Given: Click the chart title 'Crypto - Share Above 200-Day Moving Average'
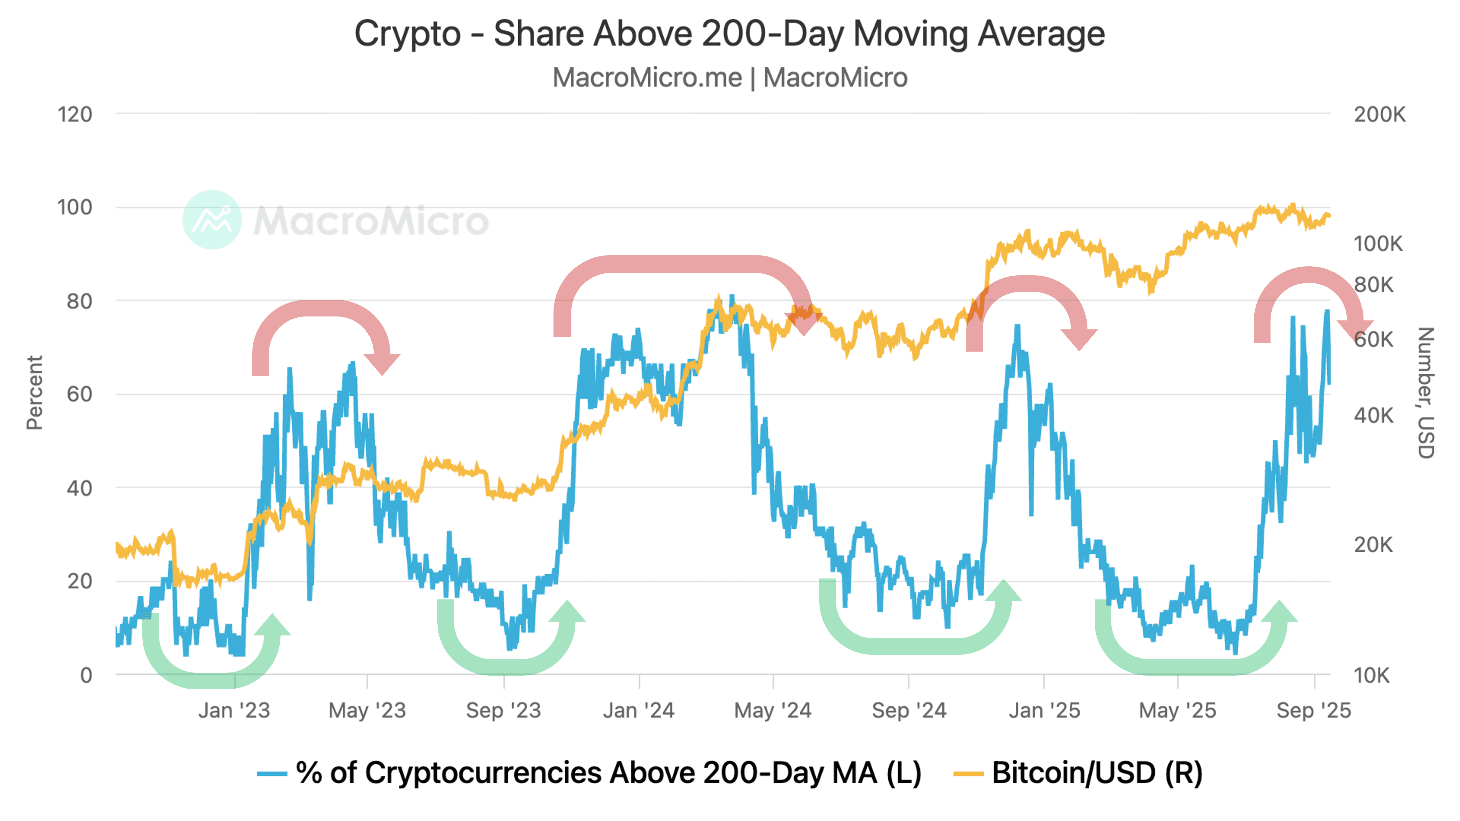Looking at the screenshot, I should click(729, 34).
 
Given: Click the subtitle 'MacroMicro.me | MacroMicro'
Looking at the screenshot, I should click(729, 78).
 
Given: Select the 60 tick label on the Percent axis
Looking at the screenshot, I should click(79, 394).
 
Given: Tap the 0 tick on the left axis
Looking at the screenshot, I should click(86, 675).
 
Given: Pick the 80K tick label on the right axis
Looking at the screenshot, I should click(1373, 284).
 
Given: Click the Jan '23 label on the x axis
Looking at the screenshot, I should click(234, 711).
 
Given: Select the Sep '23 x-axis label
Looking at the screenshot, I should click(503, 711).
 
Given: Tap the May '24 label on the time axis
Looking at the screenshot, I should click(773, 711).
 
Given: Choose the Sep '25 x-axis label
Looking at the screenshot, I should click(1314, 711).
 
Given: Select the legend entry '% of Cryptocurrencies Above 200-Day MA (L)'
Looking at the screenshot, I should click(609, 773).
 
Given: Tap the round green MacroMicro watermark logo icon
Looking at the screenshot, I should click(212, 220).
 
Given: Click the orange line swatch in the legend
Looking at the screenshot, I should click(968, 774).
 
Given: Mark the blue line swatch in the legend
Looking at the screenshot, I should click(272, 774).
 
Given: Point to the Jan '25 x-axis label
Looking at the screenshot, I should click(1044, 711).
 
